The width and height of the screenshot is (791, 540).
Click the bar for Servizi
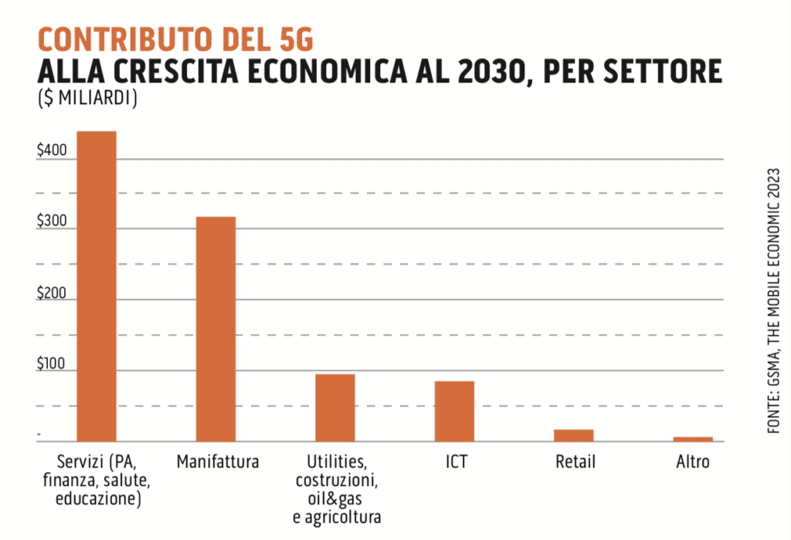(97, 285)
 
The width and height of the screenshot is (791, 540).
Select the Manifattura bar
(216, 329)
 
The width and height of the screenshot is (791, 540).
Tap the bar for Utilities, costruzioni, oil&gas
(334, 407)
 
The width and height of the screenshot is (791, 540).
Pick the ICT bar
(454, 410)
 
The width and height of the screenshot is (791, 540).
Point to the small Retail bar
(574, 435)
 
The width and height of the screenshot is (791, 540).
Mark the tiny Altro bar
(693, 439)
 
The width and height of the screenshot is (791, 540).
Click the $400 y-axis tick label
(53, 153)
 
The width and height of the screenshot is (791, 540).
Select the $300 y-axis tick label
(53, 222)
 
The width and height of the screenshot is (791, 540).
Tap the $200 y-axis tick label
(53, 293)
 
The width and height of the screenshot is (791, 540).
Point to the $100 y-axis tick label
(53, 364)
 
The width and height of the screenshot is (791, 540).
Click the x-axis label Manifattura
(217, 463)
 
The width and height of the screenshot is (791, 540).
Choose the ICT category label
(456, 463)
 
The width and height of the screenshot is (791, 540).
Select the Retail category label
(575, 463)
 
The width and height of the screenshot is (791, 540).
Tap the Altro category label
(692, 463)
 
